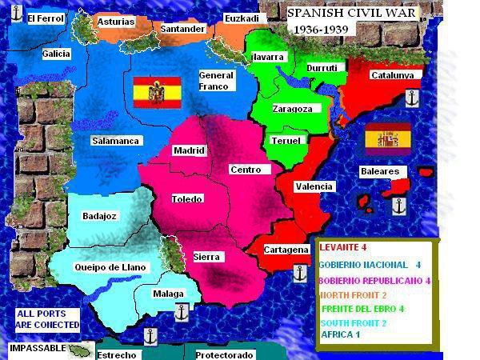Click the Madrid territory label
tap(190, 150)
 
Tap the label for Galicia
tap(56, 54)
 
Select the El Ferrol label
tap(45, 18)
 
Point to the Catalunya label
tap(392, 75)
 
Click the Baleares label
tap(379, 171)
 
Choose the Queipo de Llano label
tap(110, 266)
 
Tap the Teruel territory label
tap(286, 141)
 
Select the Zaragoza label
tap(291, 109)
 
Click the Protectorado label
tap(224, 354)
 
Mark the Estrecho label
tap(115, 354)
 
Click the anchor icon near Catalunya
tap(412, 98)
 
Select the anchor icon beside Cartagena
tap(300, 272)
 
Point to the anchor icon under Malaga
tap(181, 311)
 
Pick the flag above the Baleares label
tap(388, 138)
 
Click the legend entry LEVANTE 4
tap(342, 248)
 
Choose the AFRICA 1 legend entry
tap(340, 334)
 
